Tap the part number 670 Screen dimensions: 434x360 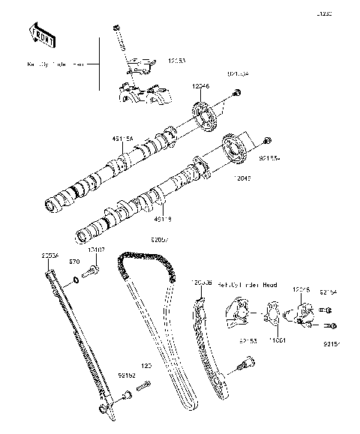point(73,262)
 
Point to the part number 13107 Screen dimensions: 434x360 point(97,250)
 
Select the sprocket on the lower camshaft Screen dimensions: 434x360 point(237,149)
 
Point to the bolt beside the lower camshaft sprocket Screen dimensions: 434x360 point(268,141)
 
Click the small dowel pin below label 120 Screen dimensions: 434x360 point(144,387)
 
